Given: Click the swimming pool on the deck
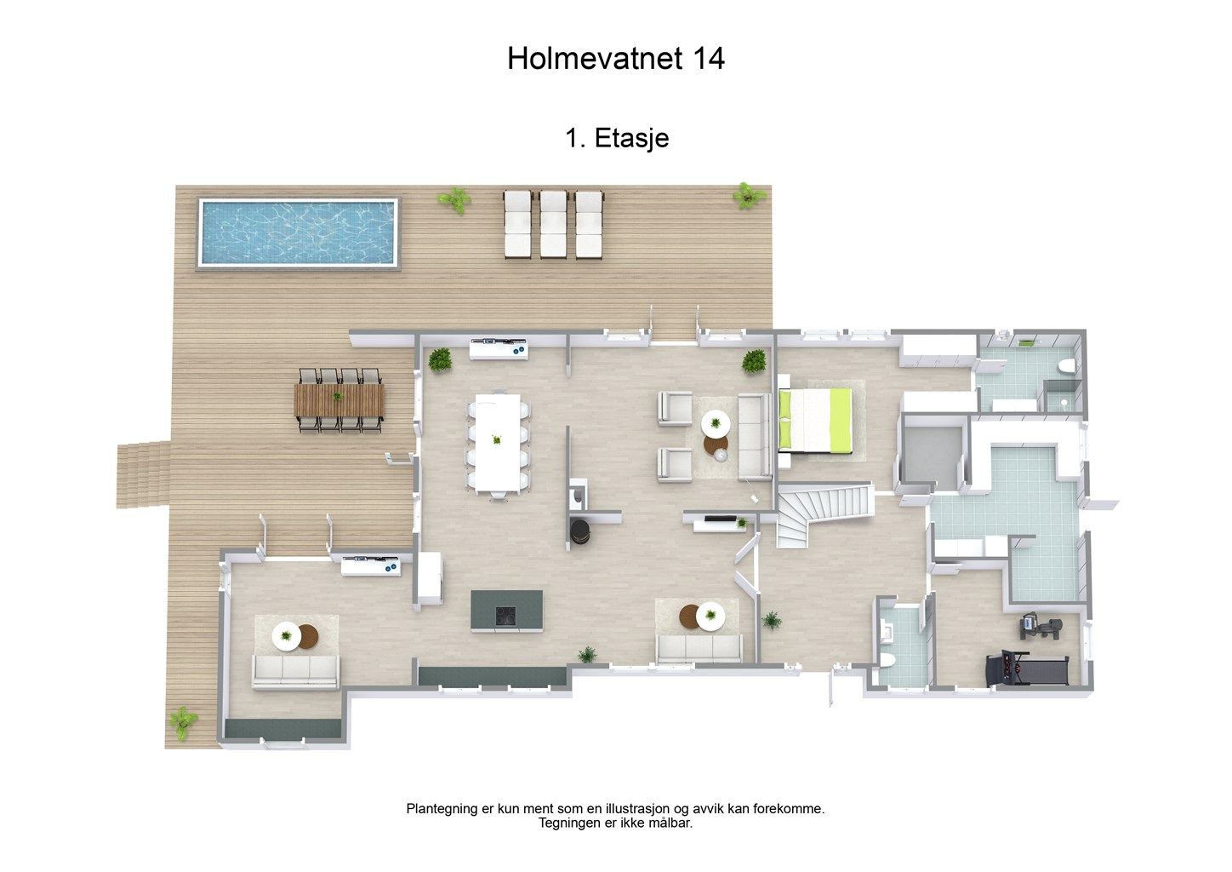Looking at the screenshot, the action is [298, 232].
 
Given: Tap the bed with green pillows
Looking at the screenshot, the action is [816, 422].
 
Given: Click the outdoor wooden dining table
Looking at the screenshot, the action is [339, 399].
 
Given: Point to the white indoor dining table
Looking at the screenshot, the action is [499, 442].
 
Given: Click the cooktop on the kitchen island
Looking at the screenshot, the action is [505, 616].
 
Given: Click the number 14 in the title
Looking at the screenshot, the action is [709, 58].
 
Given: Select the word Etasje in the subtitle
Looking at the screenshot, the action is [631, 138].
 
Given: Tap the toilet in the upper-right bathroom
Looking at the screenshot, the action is [1066, 365].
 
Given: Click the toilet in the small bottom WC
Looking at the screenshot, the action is [888, 661].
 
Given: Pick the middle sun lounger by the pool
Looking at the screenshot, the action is [553, 224].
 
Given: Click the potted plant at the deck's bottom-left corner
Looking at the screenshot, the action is [183, 723].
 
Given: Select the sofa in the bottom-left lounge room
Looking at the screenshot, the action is [295, 672].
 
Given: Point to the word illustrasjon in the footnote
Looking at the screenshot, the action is [638, 809].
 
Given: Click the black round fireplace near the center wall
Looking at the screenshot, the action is [580, 531].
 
